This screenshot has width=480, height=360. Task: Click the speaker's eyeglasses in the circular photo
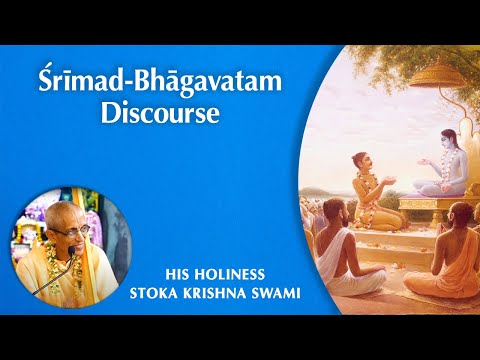click(66, 233)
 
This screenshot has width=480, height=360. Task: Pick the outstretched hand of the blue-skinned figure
click(397, 167)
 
